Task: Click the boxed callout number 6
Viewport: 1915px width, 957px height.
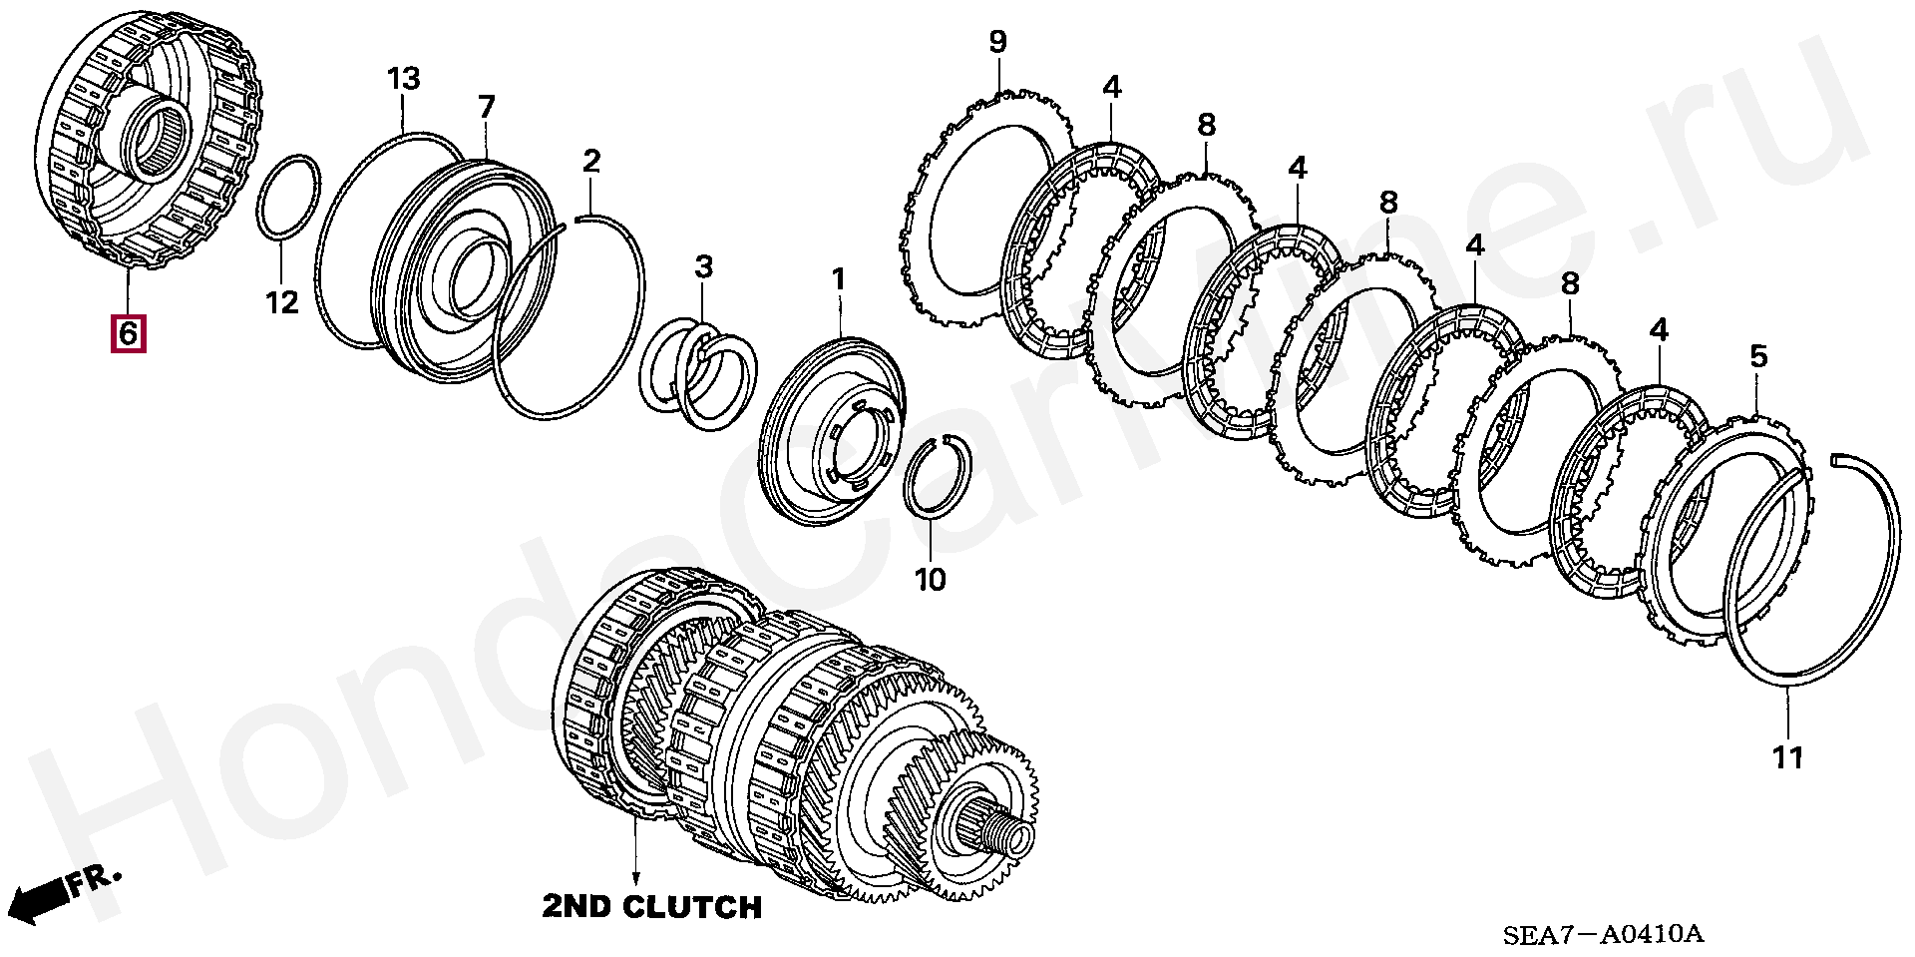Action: (x=128, y=332)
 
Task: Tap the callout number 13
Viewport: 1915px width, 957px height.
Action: (x=403, y=79)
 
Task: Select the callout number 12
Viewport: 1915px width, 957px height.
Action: (x=282, y=300)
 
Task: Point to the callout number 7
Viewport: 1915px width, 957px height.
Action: (x=486, y=107)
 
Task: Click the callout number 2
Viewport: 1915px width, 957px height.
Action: (x=591, y=161)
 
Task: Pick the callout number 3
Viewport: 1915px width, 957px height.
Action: (x=704, y=266)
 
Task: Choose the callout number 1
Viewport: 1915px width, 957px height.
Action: (x=838, y=279)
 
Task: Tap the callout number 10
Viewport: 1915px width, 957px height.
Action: (x=930, y=578)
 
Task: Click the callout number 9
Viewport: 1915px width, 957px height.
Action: (x=997, y=42)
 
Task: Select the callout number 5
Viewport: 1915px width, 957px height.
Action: (x=1757, y=356)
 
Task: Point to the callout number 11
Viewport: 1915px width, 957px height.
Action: (x=1787, y=757)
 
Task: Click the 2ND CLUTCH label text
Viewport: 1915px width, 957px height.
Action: (x=652, y=907)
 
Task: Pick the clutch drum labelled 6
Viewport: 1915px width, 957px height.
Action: (x=150, y=140)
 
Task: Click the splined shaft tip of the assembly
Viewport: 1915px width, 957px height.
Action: (x=997, y=828)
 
